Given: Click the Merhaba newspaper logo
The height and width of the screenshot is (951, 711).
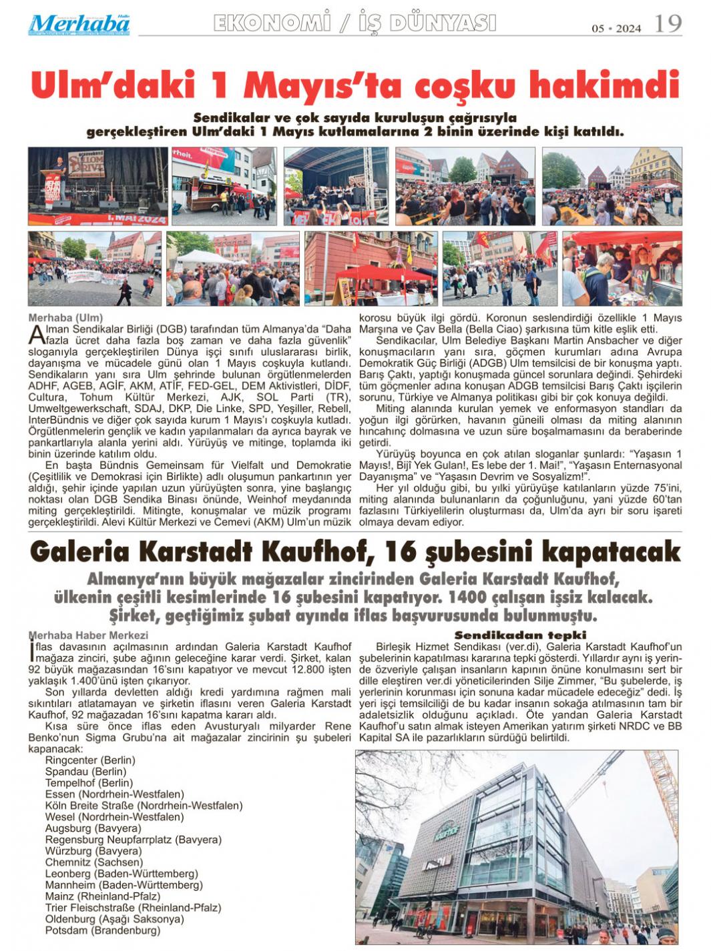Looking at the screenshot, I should coord(79,25).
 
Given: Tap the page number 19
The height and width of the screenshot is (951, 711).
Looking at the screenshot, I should coord(668,25).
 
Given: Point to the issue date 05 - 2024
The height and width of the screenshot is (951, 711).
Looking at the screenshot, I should coord(616,29).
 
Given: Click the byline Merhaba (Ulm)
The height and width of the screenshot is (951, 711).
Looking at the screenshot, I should coord(65,317).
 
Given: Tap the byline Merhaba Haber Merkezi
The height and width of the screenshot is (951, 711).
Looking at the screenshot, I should coord(88,636).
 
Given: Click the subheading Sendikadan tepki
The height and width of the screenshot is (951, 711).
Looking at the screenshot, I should coord(520,635).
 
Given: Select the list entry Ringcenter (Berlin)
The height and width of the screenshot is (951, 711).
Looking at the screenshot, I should coord(90,760).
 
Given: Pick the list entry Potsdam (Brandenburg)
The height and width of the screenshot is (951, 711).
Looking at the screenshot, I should coord(103,930).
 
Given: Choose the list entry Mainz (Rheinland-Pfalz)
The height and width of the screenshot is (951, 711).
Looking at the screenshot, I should coord(103,896).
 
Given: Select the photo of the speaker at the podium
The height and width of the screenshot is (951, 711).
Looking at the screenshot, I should coord(98,186).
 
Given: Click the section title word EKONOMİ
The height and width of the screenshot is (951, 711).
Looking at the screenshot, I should coord(272,23).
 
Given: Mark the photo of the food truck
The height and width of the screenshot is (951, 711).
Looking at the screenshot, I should coord(214,186).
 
